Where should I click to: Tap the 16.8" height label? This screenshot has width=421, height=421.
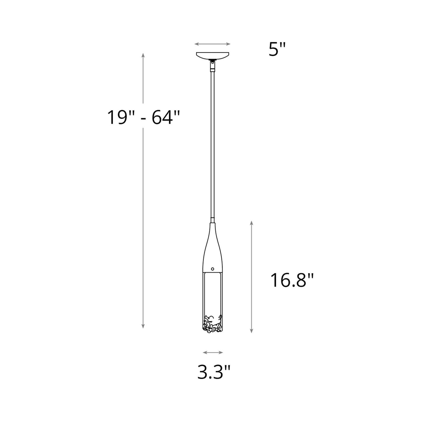[292, 281]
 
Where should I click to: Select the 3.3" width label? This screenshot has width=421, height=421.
[214, 373]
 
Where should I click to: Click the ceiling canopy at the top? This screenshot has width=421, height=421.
[213, 55]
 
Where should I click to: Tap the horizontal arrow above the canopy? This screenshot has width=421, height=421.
[212, 44]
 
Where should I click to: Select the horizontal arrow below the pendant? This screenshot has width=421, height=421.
[213, 353]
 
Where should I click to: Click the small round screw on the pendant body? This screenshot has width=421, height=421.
[213, 269]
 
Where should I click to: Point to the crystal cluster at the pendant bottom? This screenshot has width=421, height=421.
[213, 324]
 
